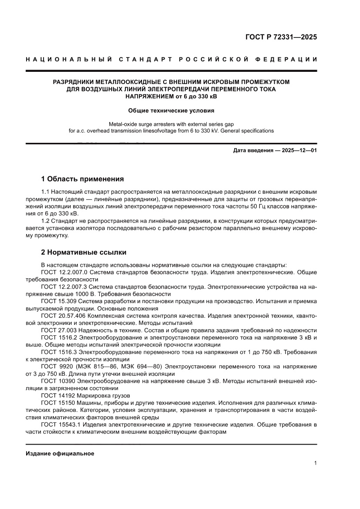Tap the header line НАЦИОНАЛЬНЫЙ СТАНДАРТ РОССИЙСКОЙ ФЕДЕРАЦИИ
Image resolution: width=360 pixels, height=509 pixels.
coord(172,59)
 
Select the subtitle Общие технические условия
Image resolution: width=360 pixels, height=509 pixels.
coord(171,111)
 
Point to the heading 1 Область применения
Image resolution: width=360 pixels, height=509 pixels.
coord(82,179)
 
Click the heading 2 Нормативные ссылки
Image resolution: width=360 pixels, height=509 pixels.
coord(84,252)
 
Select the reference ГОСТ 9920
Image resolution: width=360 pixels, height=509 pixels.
coord(56,367)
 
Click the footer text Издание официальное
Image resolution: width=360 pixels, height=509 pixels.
coord(60,454)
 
